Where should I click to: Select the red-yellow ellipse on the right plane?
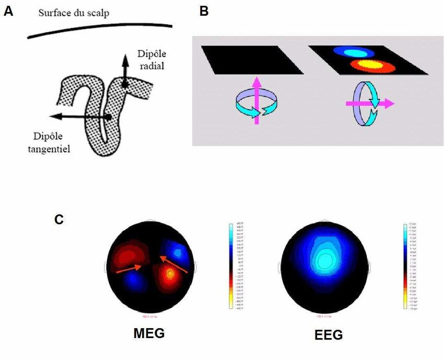[x=372, y=66]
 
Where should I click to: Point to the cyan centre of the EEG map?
[x=326, y=259]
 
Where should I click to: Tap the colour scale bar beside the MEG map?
[x=230, y=266]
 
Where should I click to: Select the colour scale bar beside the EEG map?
[x=405, y=266]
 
